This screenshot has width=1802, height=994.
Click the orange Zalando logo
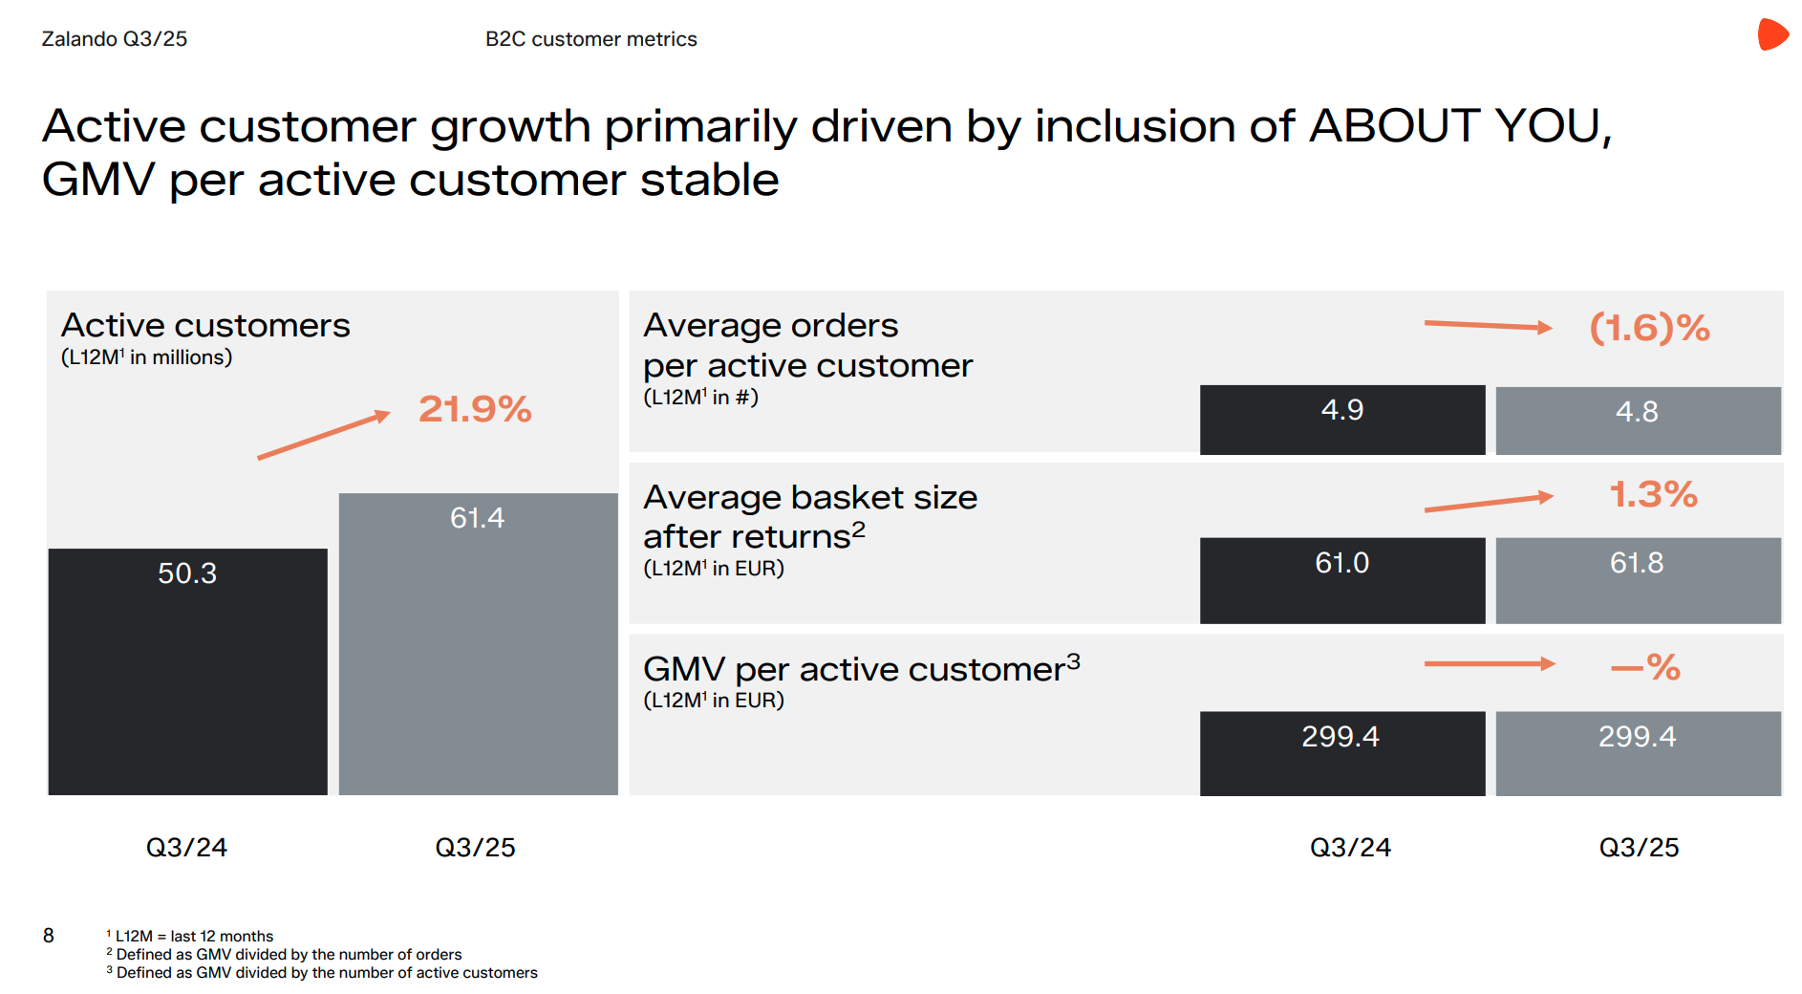pos(1772,34)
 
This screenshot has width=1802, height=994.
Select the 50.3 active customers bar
pos(187,671)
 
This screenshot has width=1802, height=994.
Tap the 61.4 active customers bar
pos(478,643)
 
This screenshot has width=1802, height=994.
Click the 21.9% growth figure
pos(475,409)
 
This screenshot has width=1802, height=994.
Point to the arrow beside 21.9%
pos(324,436)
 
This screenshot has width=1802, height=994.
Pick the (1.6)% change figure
pos(1649,328)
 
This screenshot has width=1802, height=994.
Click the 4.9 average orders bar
pos(1341,420)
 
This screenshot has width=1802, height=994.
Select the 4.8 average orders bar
pos(1638,421)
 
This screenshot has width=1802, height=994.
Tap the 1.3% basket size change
pos(1653,494)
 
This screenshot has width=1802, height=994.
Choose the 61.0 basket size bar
pos(1341,580)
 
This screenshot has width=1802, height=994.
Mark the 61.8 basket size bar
pos(1638,580)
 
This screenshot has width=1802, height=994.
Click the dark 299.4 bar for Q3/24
pos(1341,752)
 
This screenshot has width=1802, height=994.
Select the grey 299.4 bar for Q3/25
pos(1638,752)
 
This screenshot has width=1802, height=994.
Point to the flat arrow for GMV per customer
pos(1489,664)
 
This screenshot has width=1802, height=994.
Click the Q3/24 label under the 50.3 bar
pos(186,848)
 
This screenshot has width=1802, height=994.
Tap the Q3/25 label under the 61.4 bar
pos(475,848)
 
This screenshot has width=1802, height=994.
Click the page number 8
pos(49,936)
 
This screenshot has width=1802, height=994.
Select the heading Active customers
pos(205,326)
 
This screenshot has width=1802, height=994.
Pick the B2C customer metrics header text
pos(590,39)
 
